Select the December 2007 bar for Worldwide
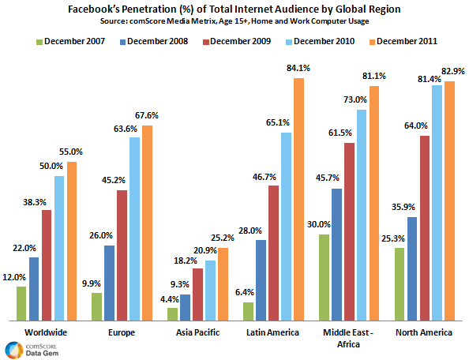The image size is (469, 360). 21,303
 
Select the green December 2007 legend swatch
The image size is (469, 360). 40,39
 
